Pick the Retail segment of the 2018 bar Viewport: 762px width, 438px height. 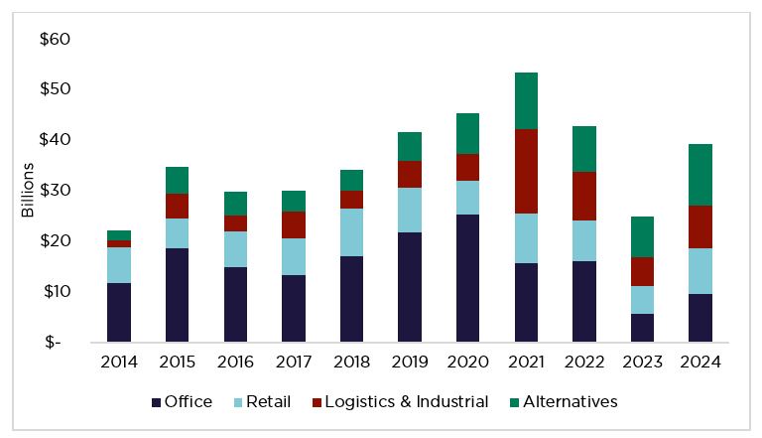click(x=350, y=232)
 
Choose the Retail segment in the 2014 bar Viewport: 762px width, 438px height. click(x=120, y=265)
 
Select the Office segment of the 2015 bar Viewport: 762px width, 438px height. click(x=178, y=295)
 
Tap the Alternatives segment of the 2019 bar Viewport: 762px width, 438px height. click(x=408, y=146)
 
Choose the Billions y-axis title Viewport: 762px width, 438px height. click(x=29, y=190)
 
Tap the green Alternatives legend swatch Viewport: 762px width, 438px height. click(x=516, y=402)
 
